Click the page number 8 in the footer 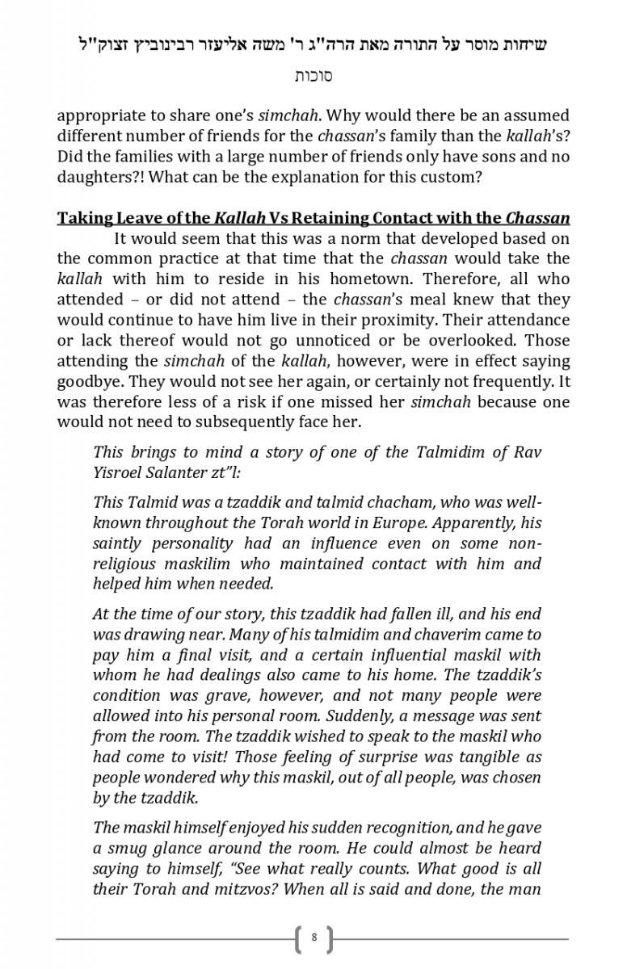[x=313, y=938]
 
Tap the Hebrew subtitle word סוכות [x=313, y=77]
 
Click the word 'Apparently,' [x=473, y=523]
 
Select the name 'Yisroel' [x=120, y=472]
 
